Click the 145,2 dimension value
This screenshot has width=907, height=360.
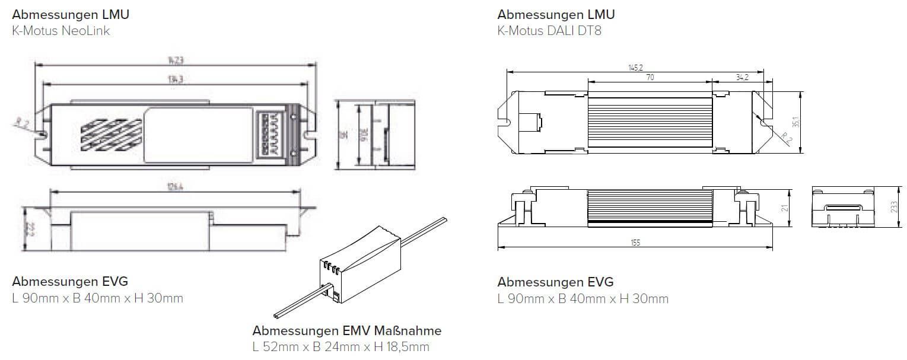tap(635, 67)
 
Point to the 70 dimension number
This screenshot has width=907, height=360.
tap(650, 77)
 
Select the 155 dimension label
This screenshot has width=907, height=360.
tap(635, 243)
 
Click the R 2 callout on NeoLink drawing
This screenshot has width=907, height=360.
tap(22, 123)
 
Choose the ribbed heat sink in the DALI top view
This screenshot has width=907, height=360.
tap(650, 122)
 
